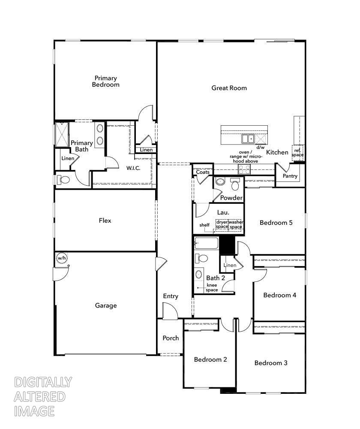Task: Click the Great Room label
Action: coord(229,88)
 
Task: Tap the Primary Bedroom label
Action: coord(105,81)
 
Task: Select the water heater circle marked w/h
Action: coord(62,258)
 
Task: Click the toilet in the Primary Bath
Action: coord(63,180)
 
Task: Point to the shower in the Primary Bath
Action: coord(61,134)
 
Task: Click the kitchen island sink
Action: coord(247,139)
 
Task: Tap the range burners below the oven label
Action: coord(244,169)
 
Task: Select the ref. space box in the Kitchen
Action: coord(298,153)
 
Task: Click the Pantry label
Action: coord(290,176)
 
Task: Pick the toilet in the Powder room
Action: coord(235,184)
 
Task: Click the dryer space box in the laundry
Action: coord(222,224)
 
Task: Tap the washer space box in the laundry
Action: coord(236,224)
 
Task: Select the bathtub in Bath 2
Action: coord(206,244)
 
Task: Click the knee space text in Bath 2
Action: coord(212,287)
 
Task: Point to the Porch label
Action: coord(171,338)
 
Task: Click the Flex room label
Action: coord(105,221)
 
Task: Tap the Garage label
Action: coord(106,305)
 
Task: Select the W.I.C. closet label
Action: coord(133,168)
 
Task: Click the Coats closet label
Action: coord(203,172)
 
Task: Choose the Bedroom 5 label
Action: coord(276,223)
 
